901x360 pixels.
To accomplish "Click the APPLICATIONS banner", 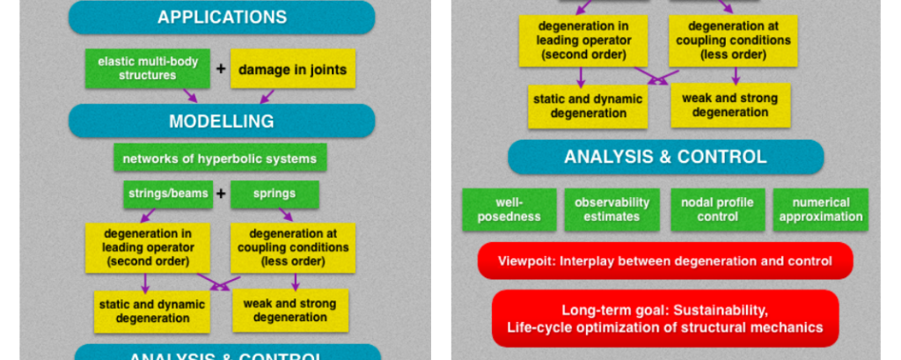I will (222, 18).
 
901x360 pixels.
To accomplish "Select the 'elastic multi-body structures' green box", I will (149, 69).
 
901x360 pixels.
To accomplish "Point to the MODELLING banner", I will (222, 121).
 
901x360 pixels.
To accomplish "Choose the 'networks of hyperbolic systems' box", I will (219, 158).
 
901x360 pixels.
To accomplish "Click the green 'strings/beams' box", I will (167, 194).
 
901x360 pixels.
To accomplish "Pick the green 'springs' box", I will (275, 194).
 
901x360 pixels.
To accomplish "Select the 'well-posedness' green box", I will (509, 209).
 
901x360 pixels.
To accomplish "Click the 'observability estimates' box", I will (612, 209).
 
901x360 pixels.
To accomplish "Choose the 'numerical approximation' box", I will (821, 209).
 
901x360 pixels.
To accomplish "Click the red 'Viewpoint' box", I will (664, 261).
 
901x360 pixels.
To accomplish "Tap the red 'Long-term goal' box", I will (664, 318).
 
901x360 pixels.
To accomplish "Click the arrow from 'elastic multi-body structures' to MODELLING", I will (189, 95).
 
